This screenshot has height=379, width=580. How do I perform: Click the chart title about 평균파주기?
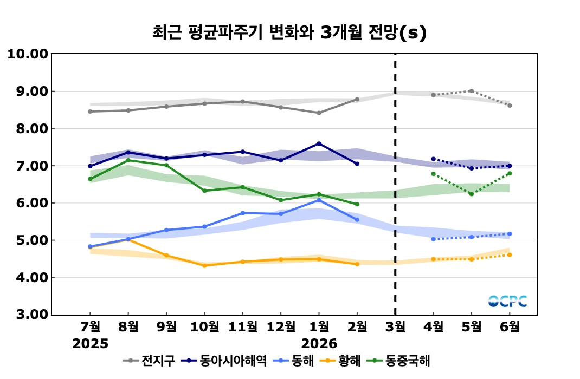pos(289,32)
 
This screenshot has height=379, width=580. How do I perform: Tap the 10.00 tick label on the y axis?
pos(27,54)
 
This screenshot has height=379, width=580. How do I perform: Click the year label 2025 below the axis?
pos(91,344)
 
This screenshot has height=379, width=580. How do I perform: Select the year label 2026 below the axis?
pos(319,344)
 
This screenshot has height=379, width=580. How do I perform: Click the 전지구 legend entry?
pos(157,361)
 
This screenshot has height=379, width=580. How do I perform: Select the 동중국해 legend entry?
pos(408,361)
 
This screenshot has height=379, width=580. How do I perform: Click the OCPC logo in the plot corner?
pos(507,301)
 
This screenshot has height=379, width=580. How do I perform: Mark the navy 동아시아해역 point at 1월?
pos(319,143)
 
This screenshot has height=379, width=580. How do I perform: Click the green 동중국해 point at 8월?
pos(128,160)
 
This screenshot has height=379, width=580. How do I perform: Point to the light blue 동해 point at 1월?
pos(319,200)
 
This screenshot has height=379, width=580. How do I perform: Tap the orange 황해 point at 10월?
pos(204,265)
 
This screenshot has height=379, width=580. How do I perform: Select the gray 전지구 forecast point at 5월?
pos(472,91)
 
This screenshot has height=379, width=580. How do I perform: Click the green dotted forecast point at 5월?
pos(472,194)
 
